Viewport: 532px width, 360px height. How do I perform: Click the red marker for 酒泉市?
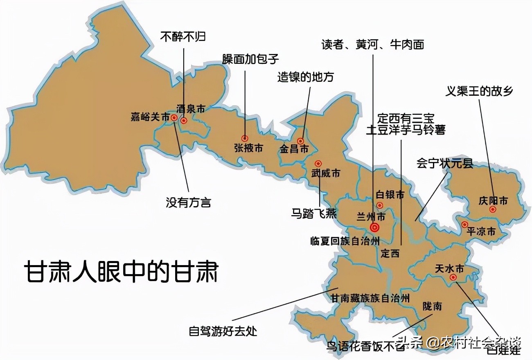pyautogui.click(x=184, y=120)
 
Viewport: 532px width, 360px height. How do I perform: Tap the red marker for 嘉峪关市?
pyautogui.click(x=174, y=117)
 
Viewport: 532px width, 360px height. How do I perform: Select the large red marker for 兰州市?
pyautogui.click(x=374, y=227)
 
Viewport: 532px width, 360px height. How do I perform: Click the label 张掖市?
pyautogui.click(x=248, y=148)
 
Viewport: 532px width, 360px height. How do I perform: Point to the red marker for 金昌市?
pyautogui.click(x=300, y=141)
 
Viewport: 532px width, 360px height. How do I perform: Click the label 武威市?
pyautogui.click(x=325, y=173)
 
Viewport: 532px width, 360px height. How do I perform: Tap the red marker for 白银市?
pyautogui.click(x=380, y=205)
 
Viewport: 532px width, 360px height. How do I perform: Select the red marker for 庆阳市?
pyautogui.click(x=493, y=209)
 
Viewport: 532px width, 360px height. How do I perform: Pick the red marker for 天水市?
pyautogui.click(x=453, y=277)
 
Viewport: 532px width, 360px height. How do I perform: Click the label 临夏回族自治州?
pyautogui.click(x=345, y=241)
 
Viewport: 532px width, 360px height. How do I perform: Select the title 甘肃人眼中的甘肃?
pyautogui.click(x=121, y=272)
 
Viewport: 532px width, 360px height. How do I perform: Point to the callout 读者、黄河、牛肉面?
pyautogui.click(x=372, y=44)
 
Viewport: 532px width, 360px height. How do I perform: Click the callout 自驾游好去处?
pyautogui.click(x=223, y=331)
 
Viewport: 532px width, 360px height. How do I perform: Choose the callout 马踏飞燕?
pyautogui.click(x=314, y=213)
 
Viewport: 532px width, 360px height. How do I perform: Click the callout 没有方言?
pyautogui.click(x=188, y=202)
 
